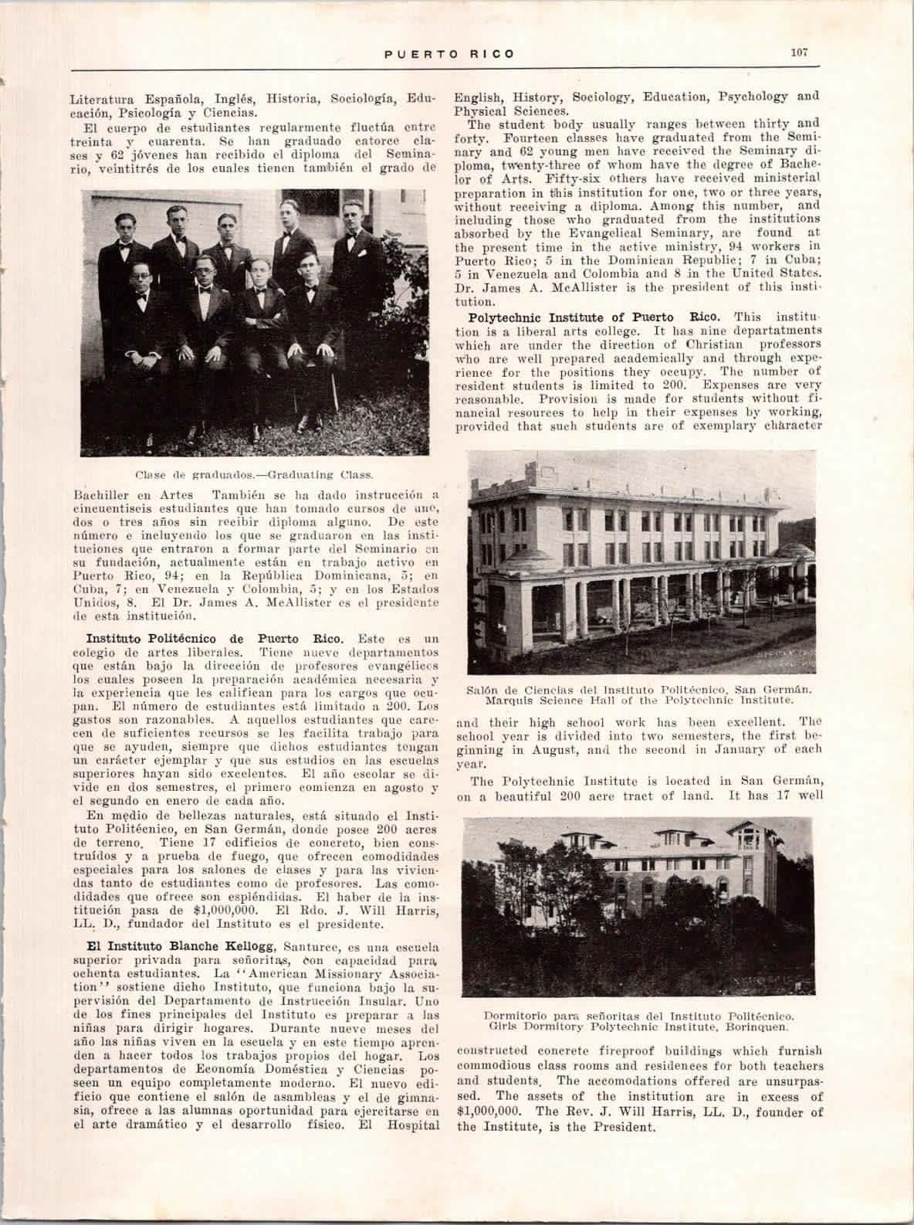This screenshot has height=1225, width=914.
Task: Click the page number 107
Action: click(x=797, y=53)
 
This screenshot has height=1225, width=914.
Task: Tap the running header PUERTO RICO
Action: click(x=450, y=54)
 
